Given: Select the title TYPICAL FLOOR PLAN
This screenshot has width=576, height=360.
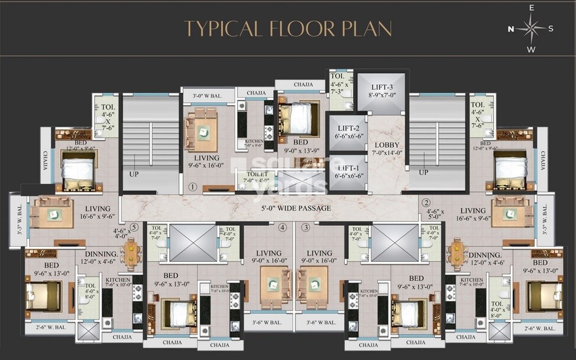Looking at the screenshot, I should pyautogui.click(x=287, y=28).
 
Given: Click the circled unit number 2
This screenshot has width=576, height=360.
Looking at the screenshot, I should pyautogui.click(x=426, y=203).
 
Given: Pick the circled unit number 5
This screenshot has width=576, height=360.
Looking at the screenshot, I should pyautogui.click(x=134, y=226).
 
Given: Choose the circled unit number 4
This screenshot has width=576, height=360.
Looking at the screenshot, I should pyautogui.click(x=283, y=227).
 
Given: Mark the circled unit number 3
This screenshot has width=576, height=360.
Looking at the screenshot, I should pyautogui.click(x=306, y=227).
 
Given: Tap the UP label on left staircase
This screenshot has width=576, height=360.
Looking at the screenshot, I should pyautogui.click(x=134, y=174).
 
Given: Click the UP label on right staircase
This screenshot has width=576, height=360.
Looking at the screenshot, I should pyautogui.click(x=423, y=173).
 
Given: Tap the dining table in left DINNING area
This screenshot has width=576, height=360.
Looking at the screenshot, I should pyautogui.click(x=131, y=253).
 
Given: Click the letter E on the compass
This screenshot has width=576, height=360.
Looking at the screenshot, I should pyautogui.click(x=531, y=8).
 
